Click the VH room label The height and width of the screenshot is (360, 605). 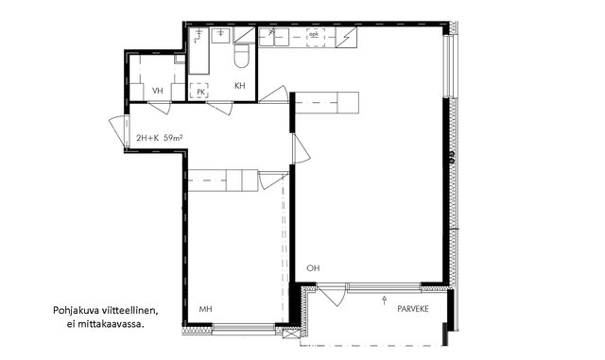(x=158, y=91)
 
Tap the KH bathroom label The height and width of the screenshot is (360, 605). (x=239, y=86)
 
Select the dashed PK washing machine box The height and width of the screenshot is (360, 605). (x=199, y=91)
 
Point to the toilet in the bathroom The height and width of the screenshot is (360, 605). (x=242, y=56)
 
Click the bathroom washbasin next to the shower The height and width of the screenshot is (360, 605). (x=220, y=36)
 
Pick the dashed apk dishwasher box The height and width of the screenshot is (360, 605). (x=315, y=38)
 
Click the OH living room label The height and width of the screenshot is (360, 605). (x=313, y=268)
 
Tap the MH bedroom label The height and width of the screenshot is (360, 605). (x=205, y=309)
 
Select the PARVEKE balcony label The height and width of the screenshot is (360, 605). (x=413, y=309)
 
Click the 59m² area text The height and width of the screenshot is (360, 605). (x=173, y=138)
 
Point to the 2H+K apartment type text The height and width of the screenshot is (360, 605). (x=147, y=138)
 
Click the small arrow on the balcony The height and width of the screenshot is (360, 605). (x=385, y=300)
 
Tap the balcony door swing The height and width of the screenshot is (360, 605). (x=331, y=295)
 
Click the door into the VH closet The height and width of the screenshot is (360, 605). (x=160, y=108)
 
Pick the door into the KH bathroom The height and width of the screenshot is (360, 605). (x=220, y=108)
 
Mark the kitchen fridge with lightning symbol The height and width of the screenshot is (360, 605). (x=346, y=37)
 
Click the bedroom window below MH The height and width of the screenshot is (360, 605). (x=244, y=327)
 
